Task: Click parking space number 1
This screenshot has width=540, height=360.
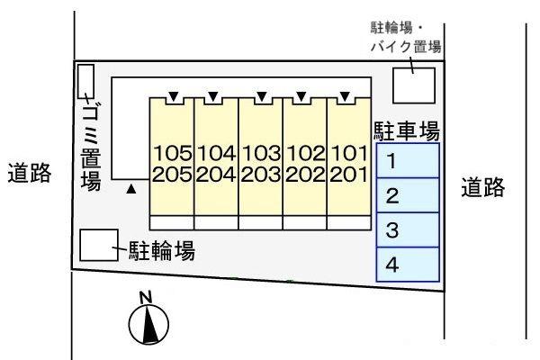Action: [x=408, y=163]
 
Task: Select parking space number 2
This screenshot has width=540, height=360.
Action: [x=408, y=196]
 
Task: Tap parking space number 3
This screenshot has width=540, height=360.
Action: [x=408, y=229]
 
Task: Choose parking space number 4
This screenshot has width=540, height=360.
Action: [x=408, y=264]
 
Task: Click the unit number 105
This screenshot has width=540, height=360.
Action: [x=172, y=152]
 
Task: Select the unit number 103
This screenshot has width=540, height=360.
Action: [x=260, y=152]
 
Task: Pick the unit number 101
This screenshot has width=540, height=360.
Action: [x=349, y=152]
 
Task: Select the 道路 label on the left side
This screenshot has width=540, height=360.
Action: [x=29, y=173]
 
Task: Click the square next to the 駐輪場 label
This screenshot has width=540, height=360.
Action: [x=98, y=246]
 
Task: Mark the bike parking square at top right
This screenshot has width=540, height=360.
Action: [x=414, y=85]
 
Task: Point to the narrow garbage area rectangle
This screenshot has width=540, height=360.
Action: [x=85, y=81]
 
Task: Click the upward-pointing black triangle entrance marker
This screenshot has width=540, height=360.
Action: [x=132, y=190]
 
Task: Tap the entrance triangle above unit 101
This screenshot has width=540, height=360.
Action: [x=345, y=94]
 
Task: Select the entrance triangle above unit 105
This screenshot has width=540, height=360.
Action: [x=172, y=94]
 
